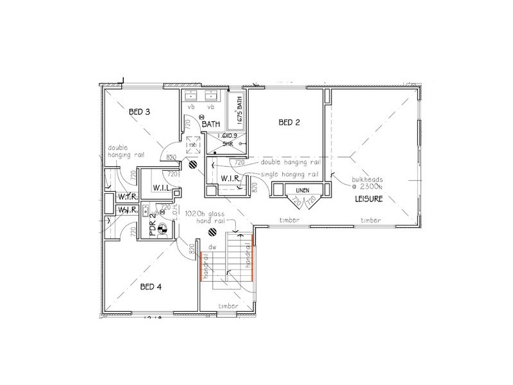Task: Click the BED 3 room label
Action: [139, 112]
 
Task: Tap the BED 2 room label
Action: [289, 122]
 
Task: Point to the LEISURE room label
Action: [369, 200]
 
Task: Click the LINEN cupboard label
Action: [301, 191]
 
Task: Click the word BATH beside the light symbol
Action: [212, 124]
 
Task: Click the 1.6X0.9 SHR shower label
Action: [228, 141]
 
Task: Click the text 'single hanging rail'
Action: [289, 174]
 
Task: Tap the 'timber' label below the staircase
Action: [229, 306]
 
